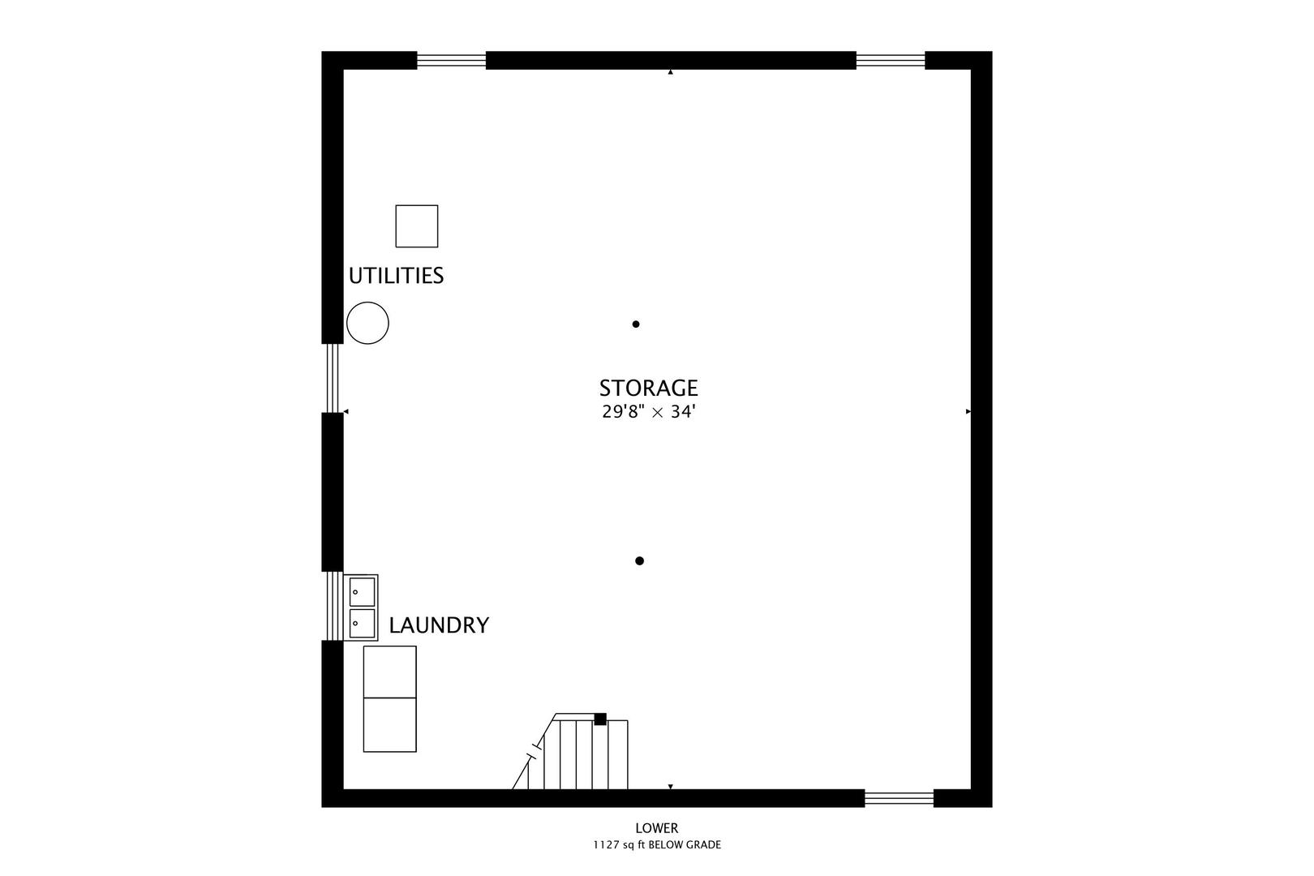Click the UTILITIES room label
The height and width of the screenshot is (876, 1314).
tap(396, 276)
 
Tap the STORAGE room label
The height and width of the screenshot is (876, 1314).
tap(648, 389)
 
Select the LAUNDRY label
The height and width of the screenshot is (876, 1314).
tap(439, 625)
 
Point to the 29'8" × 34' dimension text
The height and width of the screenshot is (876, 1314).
tap(648, 412)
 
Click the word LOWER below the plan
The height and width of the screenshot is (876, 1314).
tap(656, 828)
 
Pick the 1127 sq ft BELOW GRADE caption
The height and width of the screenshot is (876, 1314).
tap(656, 845)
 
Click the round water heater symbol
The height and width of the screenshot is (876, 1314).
tap(367, 323)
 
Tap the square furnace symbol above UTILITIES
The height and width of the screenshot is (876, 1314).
tap(416, 225)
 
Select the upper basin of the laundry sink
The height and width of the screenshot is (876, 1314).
tap(362, 591)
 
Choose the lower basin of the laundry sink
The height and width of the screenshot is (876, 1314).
tap(362, 623)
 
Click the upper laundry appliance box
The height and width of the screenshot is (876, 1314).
tap(389, 672)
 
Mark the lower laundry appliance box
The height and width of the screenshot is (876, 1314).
tap(389, 724)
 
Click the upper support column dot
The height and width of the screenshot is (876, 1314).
tap(636, 324)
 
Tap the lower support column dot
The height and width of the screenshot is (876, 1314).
tap(639, 561)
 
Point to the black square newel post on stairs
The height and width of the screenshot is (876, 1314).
tap(600, 719)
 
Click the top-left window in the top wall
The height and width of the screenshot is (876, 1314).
tap(451, 60)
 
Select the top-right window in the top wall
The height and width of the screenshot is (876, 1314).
tap(891, 60)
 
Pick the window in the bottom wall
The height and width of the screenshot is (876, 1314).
tap(899, 798)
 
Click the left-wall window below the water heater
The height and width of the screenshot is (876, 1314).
tap(332, 378)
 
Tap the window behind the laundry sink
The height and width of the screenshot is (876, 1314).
tap(333, 606)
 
